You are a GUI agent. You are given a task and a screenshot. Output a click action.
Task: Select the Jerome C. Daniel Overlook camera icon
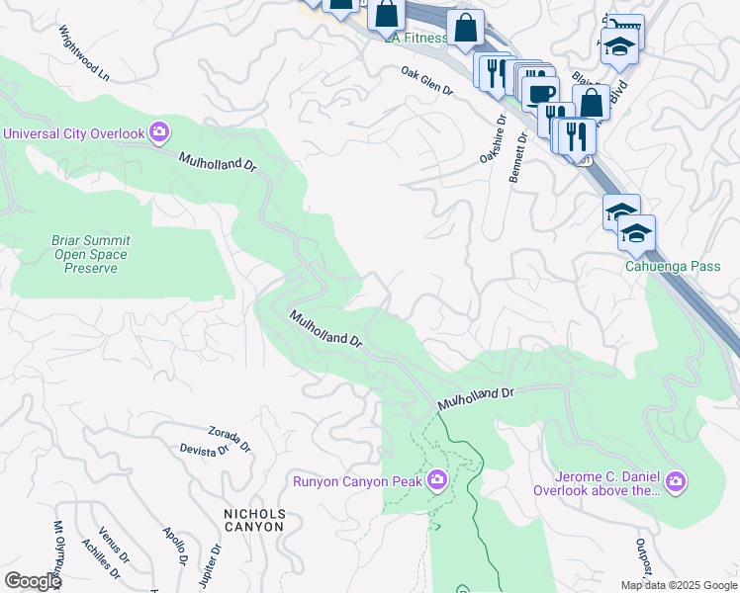(676, 481)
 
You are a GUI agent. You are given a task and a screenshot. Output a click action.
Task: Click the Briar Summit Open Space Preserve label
(91, 254)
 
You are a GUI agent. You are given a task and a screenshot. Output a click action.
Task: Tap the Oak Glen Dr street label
(426, 81)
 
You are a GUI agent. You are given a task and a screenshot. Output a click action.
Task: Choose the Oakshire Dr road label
(492, 140)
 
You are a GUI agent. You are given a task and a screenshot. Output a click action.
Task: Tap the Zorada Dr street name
(230, 434)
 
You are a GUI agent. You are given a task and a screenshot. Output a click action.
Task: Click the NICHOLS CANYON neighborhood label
(254, 520)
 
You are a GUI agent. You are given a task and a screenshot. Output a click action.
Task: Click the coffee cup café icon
(540, 94)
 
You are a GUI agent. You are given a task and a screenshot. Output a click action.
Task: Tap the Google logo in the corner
(33, 581)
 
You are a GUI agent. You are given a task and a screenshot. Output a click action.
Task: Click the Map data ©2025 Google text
(678, 584)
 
